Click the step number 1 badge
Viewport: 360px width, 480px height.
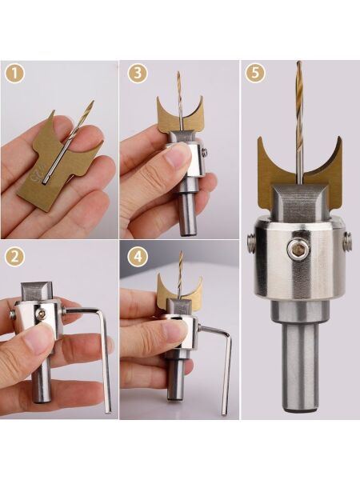[14, 74]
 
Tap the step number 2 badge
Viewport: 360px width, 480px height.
[14, 257]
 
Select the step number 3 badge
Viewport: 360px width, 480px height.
[138, 74]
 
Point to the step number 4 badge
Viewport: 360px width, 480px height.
[138, 257]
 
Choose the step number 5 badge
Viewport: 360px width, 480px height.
[255, 74]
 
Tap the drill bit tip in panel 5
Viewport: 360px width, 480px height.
[299, 62]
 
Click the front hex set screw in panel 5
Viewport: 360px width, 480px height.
[296, 250]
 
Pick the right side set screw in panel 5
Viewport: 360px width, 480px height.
[348, 241]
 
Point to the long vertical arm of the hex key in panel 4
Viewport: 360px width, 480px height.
[226, 376]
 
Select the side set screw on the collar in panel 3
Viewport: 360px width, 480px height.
[205, 152]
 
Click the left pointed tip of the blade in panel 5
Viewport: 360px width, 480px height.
[259, 138]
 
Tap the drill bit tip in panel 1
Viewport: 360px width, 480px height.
[93, 102]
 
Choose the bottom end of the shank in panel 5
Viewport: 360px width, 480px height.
[301, 409]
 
